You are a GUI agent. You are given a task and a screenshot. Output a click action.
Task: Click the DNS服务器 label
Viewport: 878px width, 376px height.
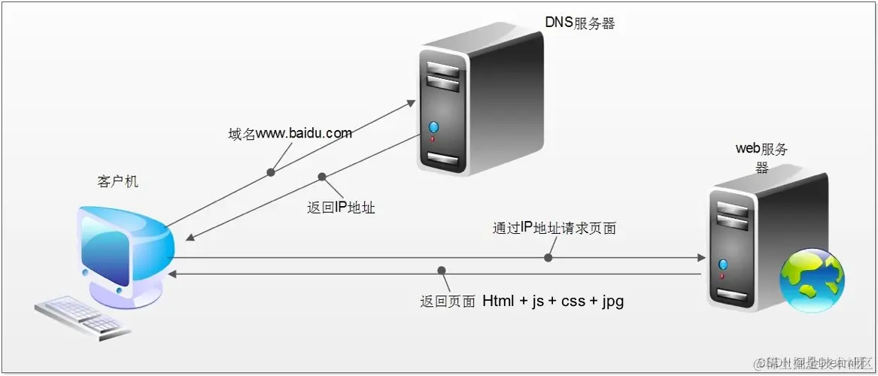tap(579, 23)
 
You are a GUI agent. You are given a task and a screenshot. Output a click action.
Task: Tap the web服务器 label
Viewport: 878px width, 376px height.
tap(761, 157)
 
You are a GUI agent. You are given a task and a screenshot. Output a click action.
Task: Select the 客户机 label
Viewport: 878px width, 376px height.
tap(117, 182)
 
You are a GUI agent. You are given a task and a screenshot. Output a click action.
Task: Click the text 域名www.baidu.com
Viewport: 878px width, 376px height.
tap(290, 134)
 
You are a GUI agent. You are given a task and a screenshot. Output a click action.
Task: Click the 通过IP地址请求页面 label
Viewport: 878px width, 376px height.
tap(554, 228)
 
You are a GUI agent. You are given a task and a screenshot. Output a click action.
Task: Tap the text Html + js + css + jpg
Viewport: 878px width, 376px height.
tap(553, 302)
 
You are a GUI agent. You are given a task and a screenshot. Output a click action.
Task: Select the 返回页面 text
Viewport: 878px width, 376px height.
tap(448, 302)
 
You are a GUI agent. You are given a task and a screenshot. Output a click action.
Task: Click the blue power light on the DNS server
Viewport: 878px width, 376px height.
tap(433, 126)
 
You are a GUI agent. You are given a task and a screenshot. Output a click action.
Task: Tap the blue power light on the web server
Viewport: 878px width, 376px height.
tap(724, 264)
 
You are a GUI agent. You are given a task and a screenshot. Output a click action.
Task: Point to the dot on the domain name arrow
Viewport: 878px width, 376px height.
tap(271, 172)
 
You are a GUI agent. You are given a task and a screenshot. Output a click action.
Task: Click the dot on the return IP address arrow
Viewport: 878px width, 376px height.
tap(322, 177)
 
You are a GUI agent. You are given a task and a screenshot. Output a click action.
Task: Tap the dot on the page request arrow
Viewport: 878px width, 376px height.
tap(548, 257)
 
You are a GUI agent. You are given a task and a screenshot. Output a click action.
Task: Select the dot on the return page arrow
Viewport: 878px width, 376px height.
tap(442, 270)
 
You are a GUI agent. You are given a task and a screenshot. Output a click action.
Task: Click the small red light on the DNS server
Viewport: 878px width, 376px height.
tap(432, 139)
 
